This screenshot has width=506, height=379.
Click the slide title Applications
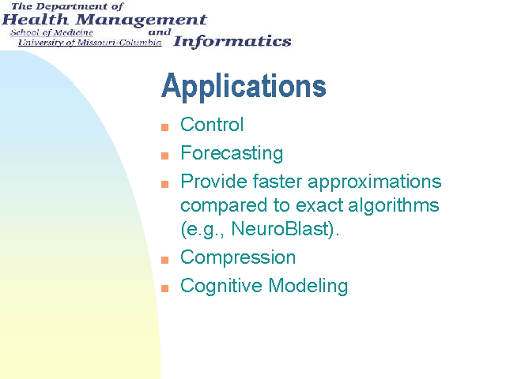[244, 87]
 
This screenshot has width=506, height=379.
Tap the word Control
[212, 125]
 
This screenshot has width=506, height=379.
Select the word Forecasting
[232, 153]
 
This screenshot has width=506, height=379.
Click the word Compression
[238, 258]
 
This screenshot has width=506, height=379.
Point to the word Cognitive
[221, 286]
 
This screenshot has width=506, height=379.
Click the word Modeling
[308, 286]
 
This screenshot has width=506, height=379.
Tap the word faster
[278, 182]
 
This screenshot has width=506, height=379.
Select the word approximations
[374, 182]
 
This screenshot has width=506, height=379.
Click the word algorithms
[394, 206]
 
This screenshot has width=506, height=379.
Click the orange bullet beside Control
[165, 127]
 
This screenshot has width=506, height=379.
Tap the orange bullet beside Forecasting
[165, 156]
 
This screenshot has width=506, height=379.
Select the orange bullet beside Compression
[165, 260]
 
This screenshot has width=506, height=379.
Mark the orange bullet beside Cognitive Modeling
[165, 288]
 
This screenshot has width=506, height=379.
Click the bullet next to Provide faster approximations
[165, 184]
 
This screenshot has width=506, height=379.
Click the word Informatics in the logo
[232, 42]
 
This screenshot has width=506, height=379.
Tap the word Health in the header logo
[35, 20]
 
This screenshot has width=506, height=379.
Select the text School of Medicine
[51, 32]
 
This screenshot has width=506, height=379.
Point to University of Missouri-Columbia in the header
[89, 43]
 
